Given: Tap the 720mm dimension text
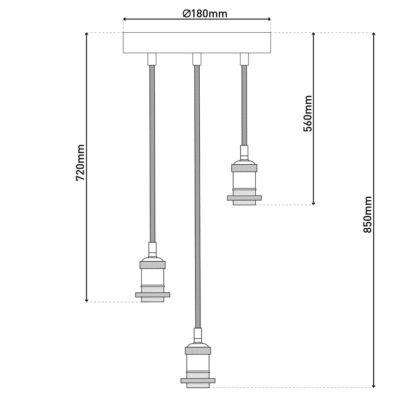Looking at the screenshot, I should [81, 162].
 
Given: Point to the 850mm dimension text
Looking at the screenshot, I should [367, 214].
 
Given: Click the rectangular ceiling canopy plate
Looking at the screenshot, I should [197, 43].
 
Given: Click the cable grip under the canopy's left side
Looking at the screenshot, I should [152, 59].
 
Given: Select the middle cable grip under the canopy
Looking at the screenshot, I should [197, 59].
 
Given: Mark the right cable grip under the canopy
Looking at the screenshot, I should [244, 59].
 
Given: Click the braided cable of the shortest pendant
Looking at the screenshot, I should [244, 106].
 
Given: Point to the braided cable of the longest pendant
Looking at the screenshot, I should [197, 198].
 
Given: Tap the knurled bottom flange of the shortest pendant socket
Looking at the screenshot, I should [244, 198].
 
